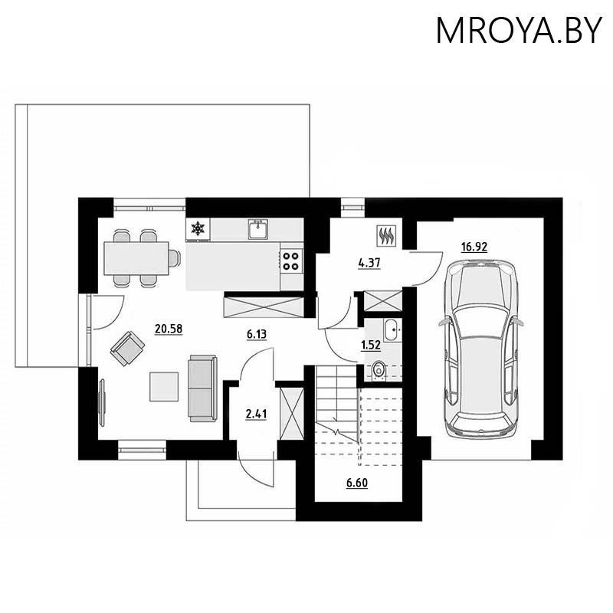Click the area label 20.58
click(x=167, y=329)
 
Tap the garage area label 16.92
click(x=474, y=247)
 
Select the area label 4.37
click(x=369, y=263)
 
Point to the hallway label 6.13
click(x=256, y=334)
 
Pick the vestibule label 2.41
click(x=256, y=415)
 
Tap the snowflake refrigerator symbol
click(x=198, y=228)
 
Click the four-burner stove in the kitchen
click(x=291, y=261)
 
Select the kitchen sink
click(x=257, y=228)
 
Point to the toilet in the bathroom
click(x=379, y=372)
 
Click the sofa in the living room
click(x=202, y=387)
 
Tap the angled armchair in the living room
click(x=128, y=349)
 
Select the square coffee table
click(x=165, y=385)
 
